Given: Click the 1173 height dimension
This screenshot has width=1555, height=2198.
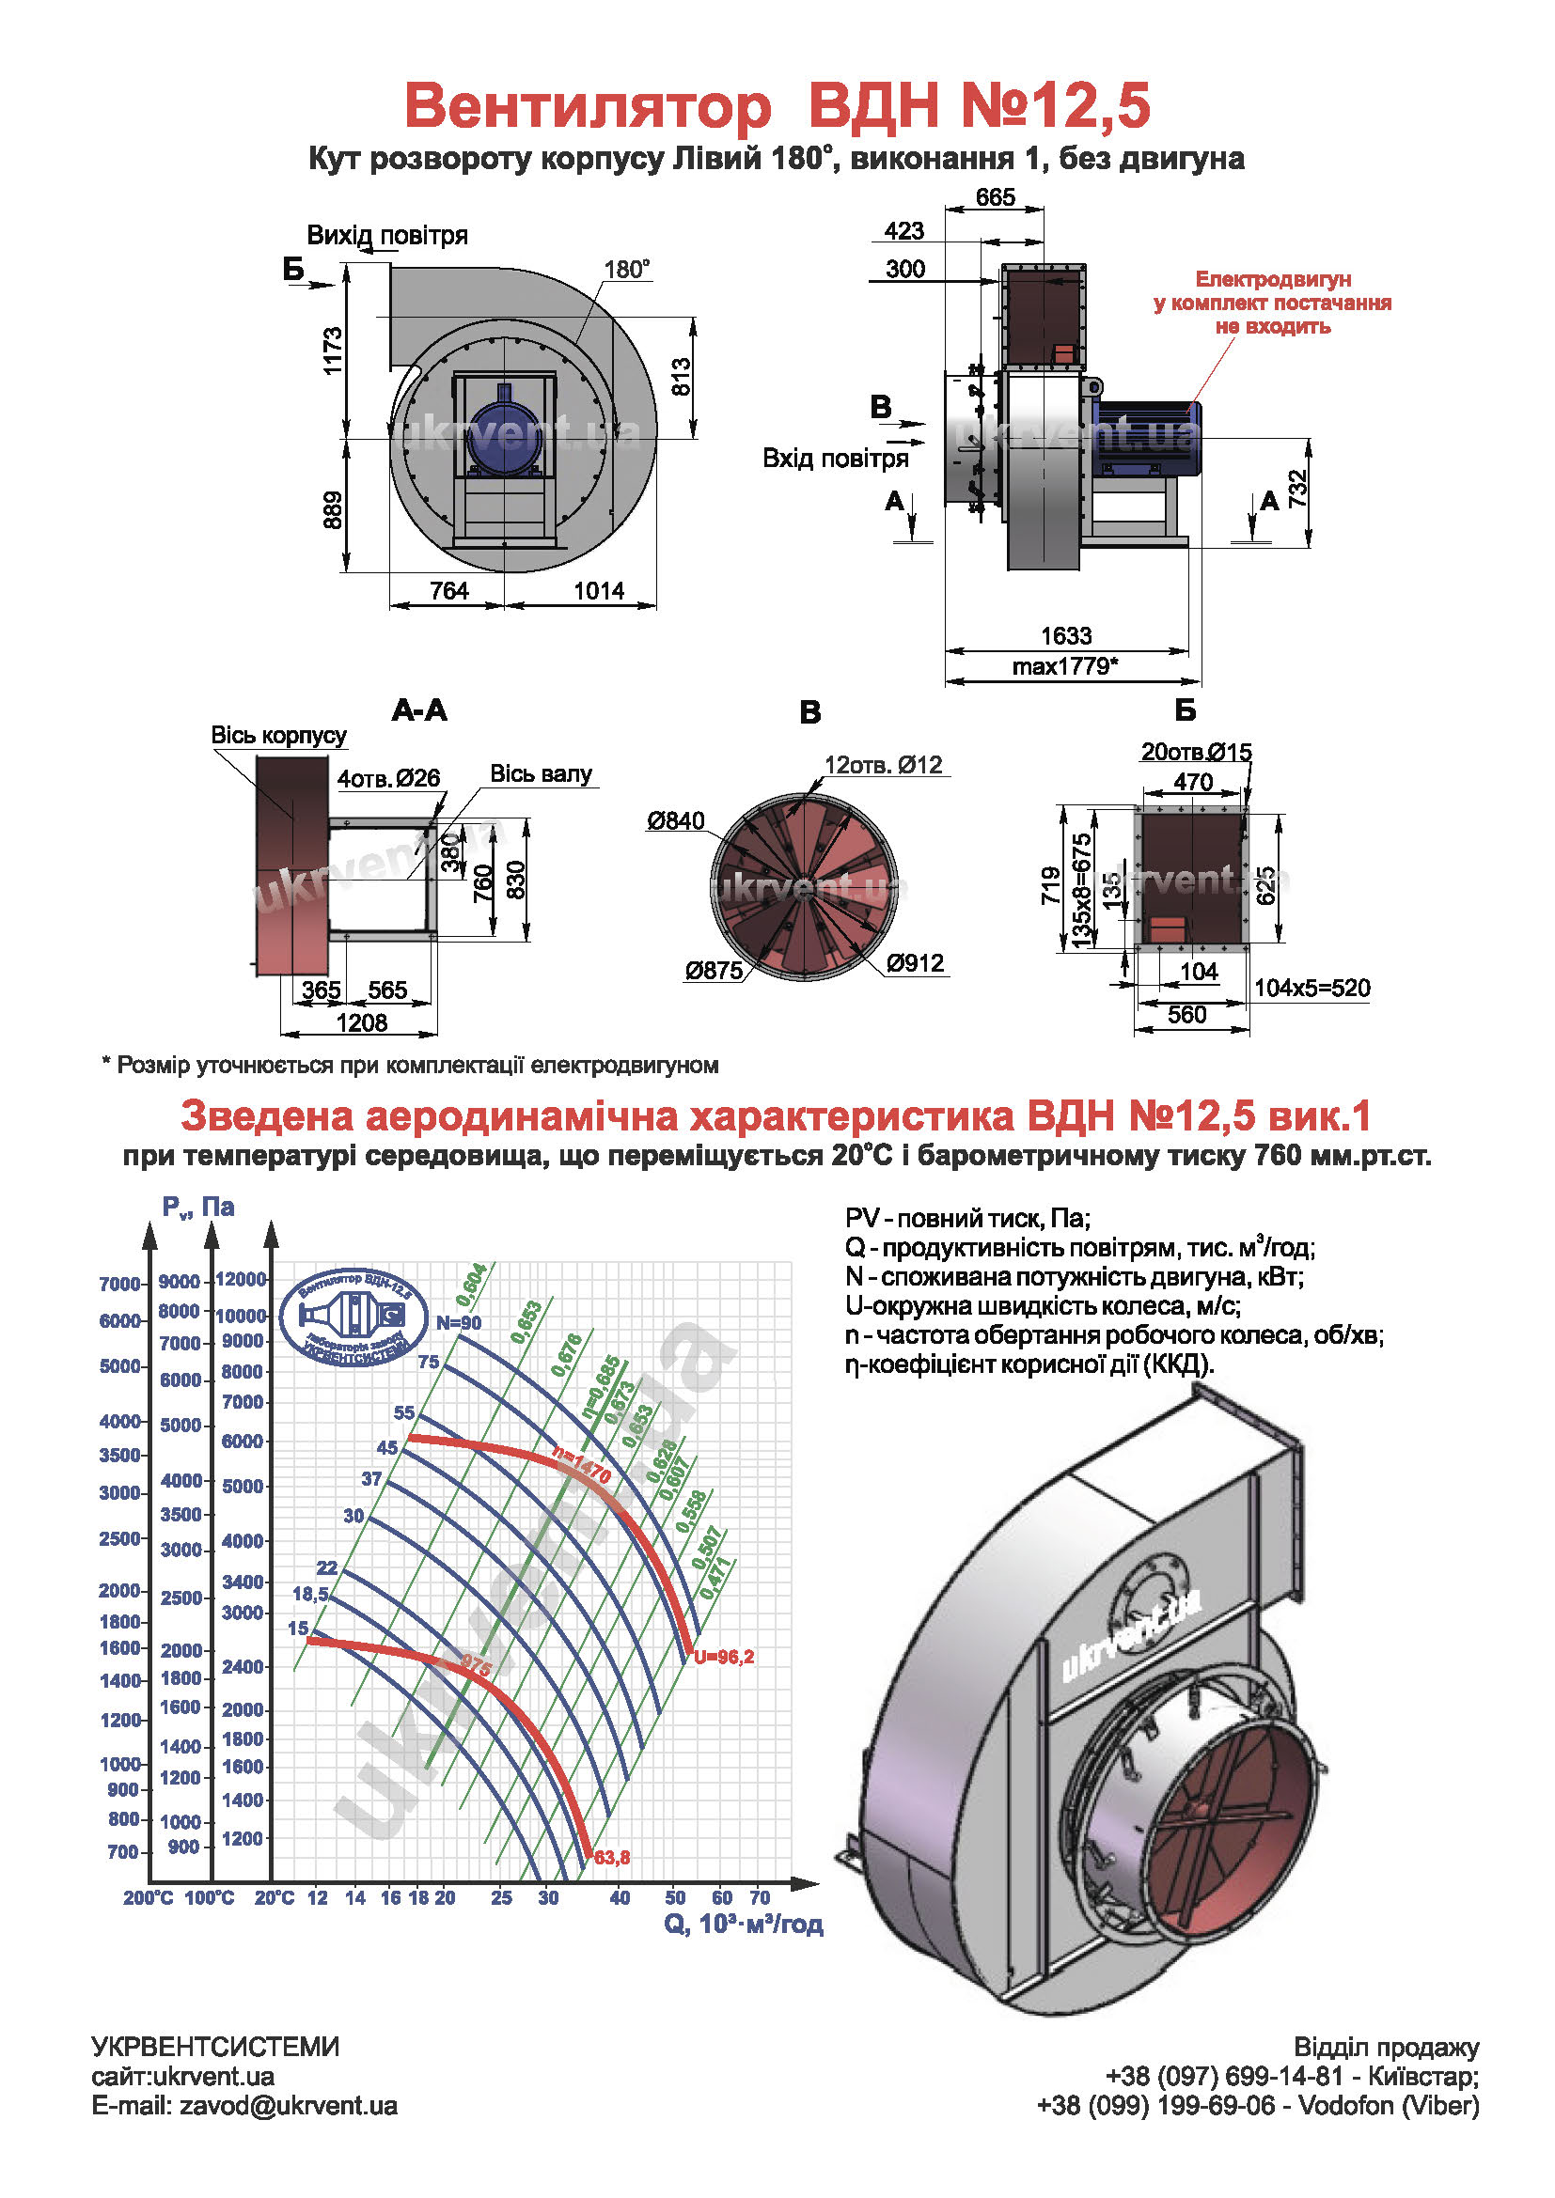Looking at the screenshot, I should coord(332,351).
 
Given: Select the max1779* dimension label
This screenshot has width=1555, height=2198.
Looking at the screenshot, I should coord(1065,665).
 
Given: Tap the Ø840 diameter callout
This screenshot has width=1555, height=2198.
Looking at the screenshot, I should coord(675,820).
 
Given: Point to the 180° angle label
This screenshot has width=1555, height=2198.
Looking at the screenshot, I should coord(627,269).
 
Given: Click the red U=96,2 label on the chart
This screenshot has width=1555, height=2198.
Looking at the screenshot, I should coord(725,1657).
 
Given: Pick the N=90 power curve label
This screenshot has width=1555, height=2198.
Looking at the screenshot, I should coord(459,1323).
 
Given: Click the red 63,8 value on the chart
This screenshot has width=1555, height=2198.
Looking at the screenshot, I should coord(612,1858).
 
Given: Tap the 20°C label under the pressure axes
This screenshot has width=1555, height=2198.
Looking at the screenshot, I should coord(274,1898).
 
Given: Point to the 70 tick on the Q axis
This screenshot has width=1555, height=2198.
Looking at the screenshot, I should coord(760,1897).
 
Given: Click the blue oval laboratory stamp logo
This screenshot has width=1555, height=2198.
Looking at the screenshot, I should coord(355,1317).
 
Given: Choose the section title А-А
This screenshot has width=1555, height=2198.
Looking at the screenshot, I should coord(419,710).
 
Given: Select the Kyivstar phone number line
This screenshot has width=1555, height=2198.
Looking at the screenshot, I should coord(1292,2076).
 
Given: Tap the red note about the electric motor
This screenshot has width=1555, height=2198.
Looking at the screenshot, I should coord(1273,303).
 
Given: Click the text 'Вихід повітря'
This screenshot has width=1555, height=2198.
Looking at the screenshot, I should coord(386,236).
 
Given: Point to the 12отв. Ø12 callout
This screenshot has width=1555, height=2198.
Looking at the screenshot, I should coord(883,765).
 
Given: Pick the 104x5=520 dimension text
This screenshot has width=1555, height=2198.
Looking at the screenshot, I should coord(1312,988).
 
